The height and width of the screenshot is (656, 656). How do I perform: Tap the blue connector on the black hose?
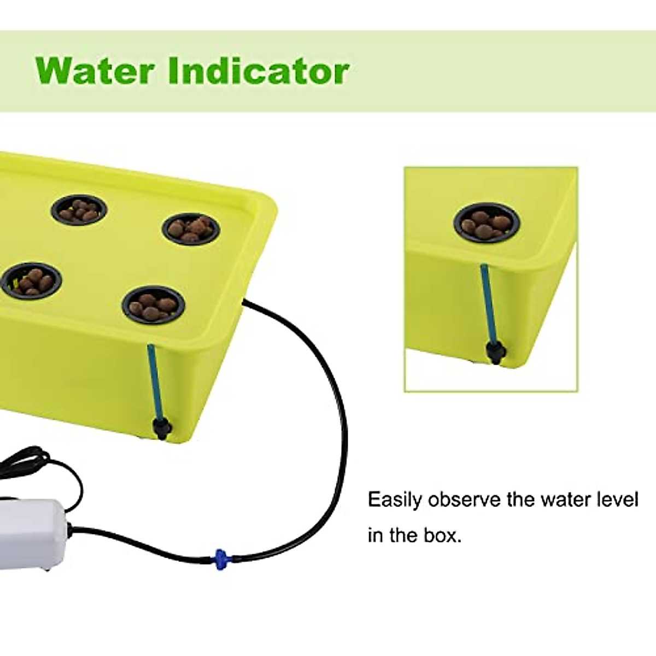tap(220, 558)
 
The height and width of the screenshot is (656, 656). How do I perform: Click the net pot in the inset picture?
tap(486, 223)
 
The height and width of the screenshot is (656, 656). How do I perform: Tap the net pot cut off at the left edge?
tap(30, 279)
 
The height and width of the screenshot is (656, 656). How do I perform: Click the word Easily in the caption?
tap(395, 500)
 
